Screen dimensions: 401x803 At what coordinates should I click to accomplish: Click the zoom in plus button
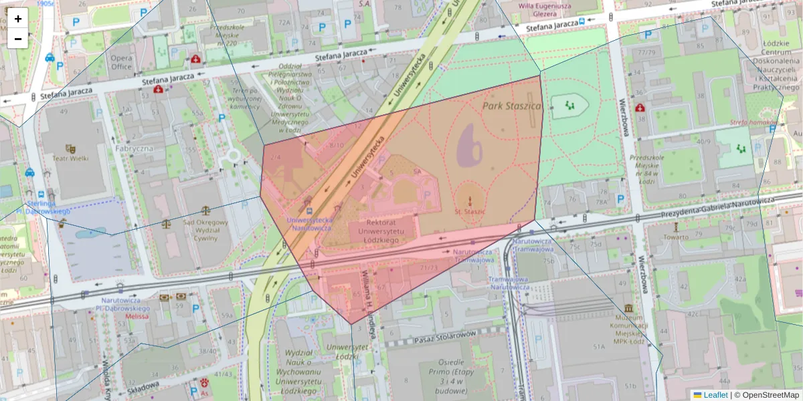click(x=18, y=19)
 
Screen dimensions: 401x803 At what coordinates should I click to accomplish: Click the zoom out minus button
click(x=18, y=39)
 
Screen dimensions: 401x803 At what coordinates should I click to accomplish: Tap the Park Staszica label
click(x=511, y=106)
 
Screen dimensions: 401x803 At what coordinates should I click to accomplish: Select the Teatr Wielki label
click(x=70, y=159)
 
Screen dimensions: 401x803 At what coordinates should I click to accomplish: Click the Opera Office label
click(x=121, y=62)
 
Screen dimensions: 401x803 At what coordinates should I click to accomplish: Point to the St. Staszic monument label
click(x=469, y=211)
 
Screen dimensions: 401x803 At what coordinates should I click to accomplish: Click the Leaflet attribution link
click(x=715, y=395)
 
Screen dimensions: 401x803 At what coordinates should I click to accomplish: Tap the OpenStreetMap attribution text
click(x=766, y=395)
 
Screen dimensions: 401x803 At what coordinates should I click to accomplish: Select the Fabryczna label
click(x=134, y=148)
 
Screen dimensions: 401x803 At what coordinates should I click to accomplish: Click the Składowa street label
click(x=143, y=388)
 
